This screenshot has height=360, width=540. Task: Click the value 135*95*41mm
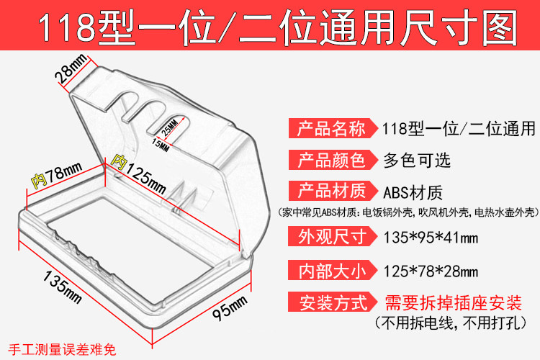pos(431,236)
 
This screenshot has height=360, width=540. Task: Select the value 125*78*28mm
pos(431,271)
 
